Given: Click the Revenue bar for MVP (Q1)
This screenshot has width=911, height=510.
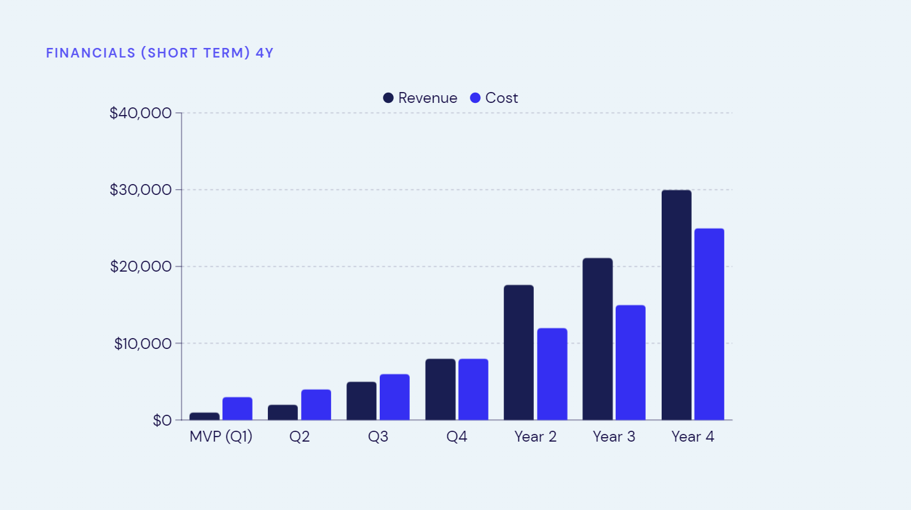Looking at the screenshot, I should [205, 416].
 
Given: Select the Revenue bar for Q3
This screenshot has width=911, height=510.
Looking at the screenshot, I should [361, 401].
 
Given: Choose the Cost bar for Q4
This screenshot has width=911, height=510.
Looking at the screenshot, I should [473, 389].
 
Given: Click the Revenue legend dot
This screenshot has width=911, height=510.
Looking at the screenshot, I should [388, 98].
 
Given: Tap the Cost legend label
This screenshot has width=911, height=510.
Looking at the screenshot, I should [501, 98].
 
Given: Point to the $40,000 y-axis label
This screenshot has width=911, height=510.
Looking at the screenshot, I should [141, 113].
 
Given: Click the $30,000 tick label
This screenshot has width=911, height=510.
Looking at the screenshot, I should [141, 190].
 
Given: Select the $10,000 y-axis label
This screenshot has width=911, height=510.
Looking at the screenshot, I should [143, 343].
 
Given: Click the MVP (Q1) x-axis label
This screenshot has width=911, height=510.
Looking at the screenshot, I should [221, 437].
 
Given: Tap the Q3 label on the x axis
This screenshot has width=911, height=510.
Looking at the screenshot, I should [378, 437].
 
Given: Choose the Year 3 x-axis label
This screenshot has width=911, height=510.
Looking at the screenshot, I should [614, 437].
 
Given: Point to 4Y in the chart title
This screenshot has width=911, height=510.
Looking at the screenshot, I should [264, 53].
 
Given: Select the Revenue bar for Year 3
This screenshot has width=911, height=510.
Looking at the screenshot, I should [597, 339].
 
